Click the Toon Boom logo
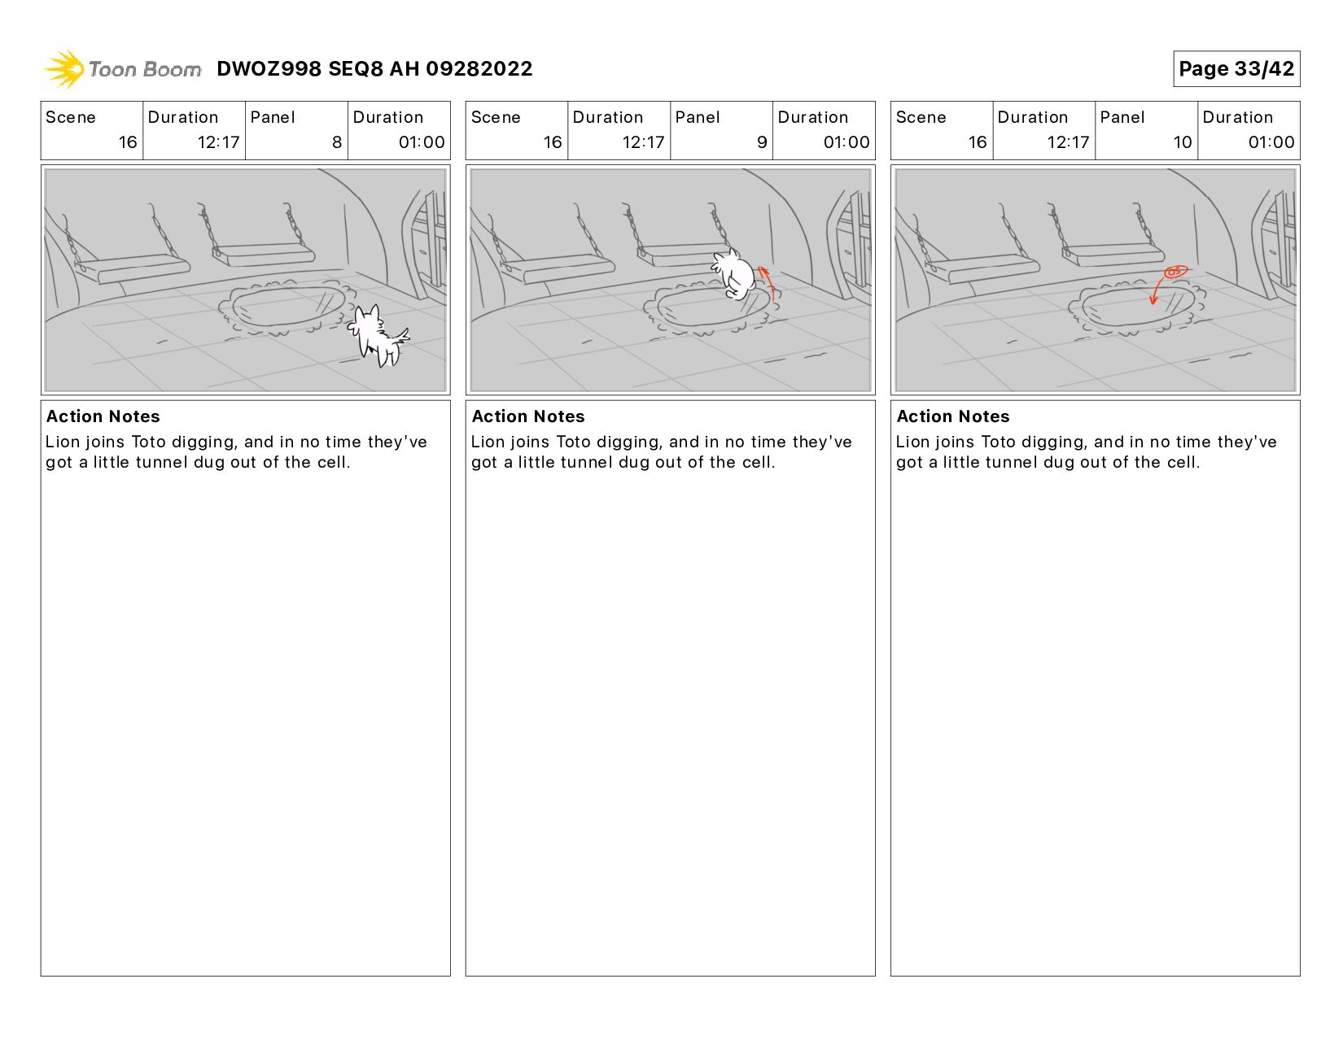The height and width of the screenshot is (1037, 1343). pyautogui.click(x=122, y=68)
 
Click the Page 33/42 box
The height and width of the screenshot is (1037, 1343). pyautogui.click(x=1236, y=68)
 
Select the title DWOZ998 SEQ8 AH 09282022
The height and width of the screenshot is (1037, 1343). pyautogui.click(x=374, y=68)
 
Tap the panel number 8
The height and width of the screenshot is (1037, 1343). pyautogui.click(x=337, y=142)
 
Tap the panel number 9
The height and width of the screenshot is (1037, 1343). pyautogui.click(x=762, y=142)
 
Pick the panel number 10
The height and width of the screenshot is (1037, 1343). pyautogui.click(x=1183, y=142)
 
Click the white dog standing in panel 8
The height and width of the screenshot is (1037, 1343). pyautogui.click(x=377, y=335)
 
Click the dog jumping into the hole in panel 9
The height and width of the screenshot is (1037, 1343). pyautogui.click(x=733, y=274)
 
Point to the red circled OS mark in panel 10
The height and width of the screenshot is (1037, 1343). pyautogui.click(x=1175, y=271)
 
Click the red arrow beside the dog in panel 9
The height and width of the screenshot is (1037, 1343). pyautogui.click(x=768, y=281)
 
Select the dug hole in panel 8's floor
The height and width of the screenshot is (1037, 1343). pyautogui.click(x=287, y=307)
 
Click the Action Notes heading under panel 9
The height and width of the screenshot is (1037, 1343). pyautogui.click(x=527, y=416)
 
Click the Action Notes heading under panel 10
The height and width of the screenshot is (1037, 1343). pyautogui.click(x=952, y=416)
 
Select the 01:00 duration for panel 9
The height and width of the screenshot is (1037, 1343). pyautogui.click(x=846, y=142)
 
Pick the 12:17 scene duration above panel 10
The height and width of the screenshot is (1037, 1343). pyautogui.click(x=1068, y=142)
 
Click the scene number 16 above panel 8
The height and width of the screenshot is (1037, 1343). pyautogui.click(x=128, y=142)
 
